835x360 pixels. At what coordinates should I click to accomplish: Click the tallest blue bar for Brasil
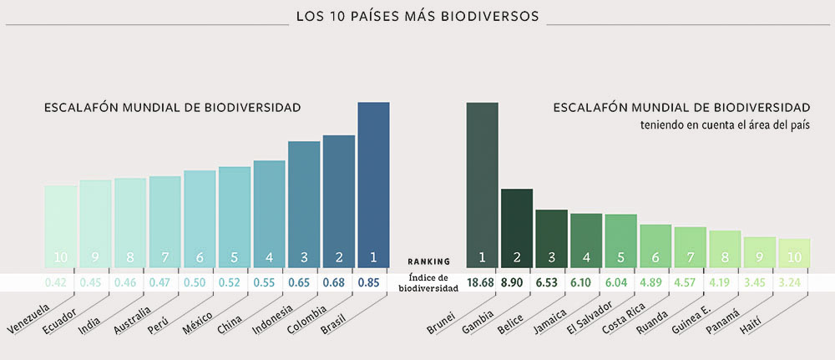(x=373, y=184)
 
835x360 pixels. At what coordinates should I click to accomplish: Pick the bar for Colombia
(x=339, y=200)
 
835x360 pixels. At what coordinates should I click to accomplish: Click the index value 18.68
(x=482, y=282)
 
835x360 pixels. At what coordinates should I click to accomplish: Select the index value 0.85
(x=368, y=282)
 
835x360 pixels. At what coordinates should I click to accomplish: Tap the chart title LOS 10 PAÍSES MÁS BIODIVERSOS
(x=417, y=15)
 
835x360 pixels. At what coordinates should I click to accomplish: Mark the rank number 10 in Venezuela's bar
(x=61, y=256)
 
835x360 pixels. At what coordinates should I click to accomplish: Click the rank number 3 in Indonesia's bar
(x=304, y=256)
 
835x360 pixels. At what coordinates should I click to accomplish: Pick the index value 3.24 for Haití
(x=789, y=282)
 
